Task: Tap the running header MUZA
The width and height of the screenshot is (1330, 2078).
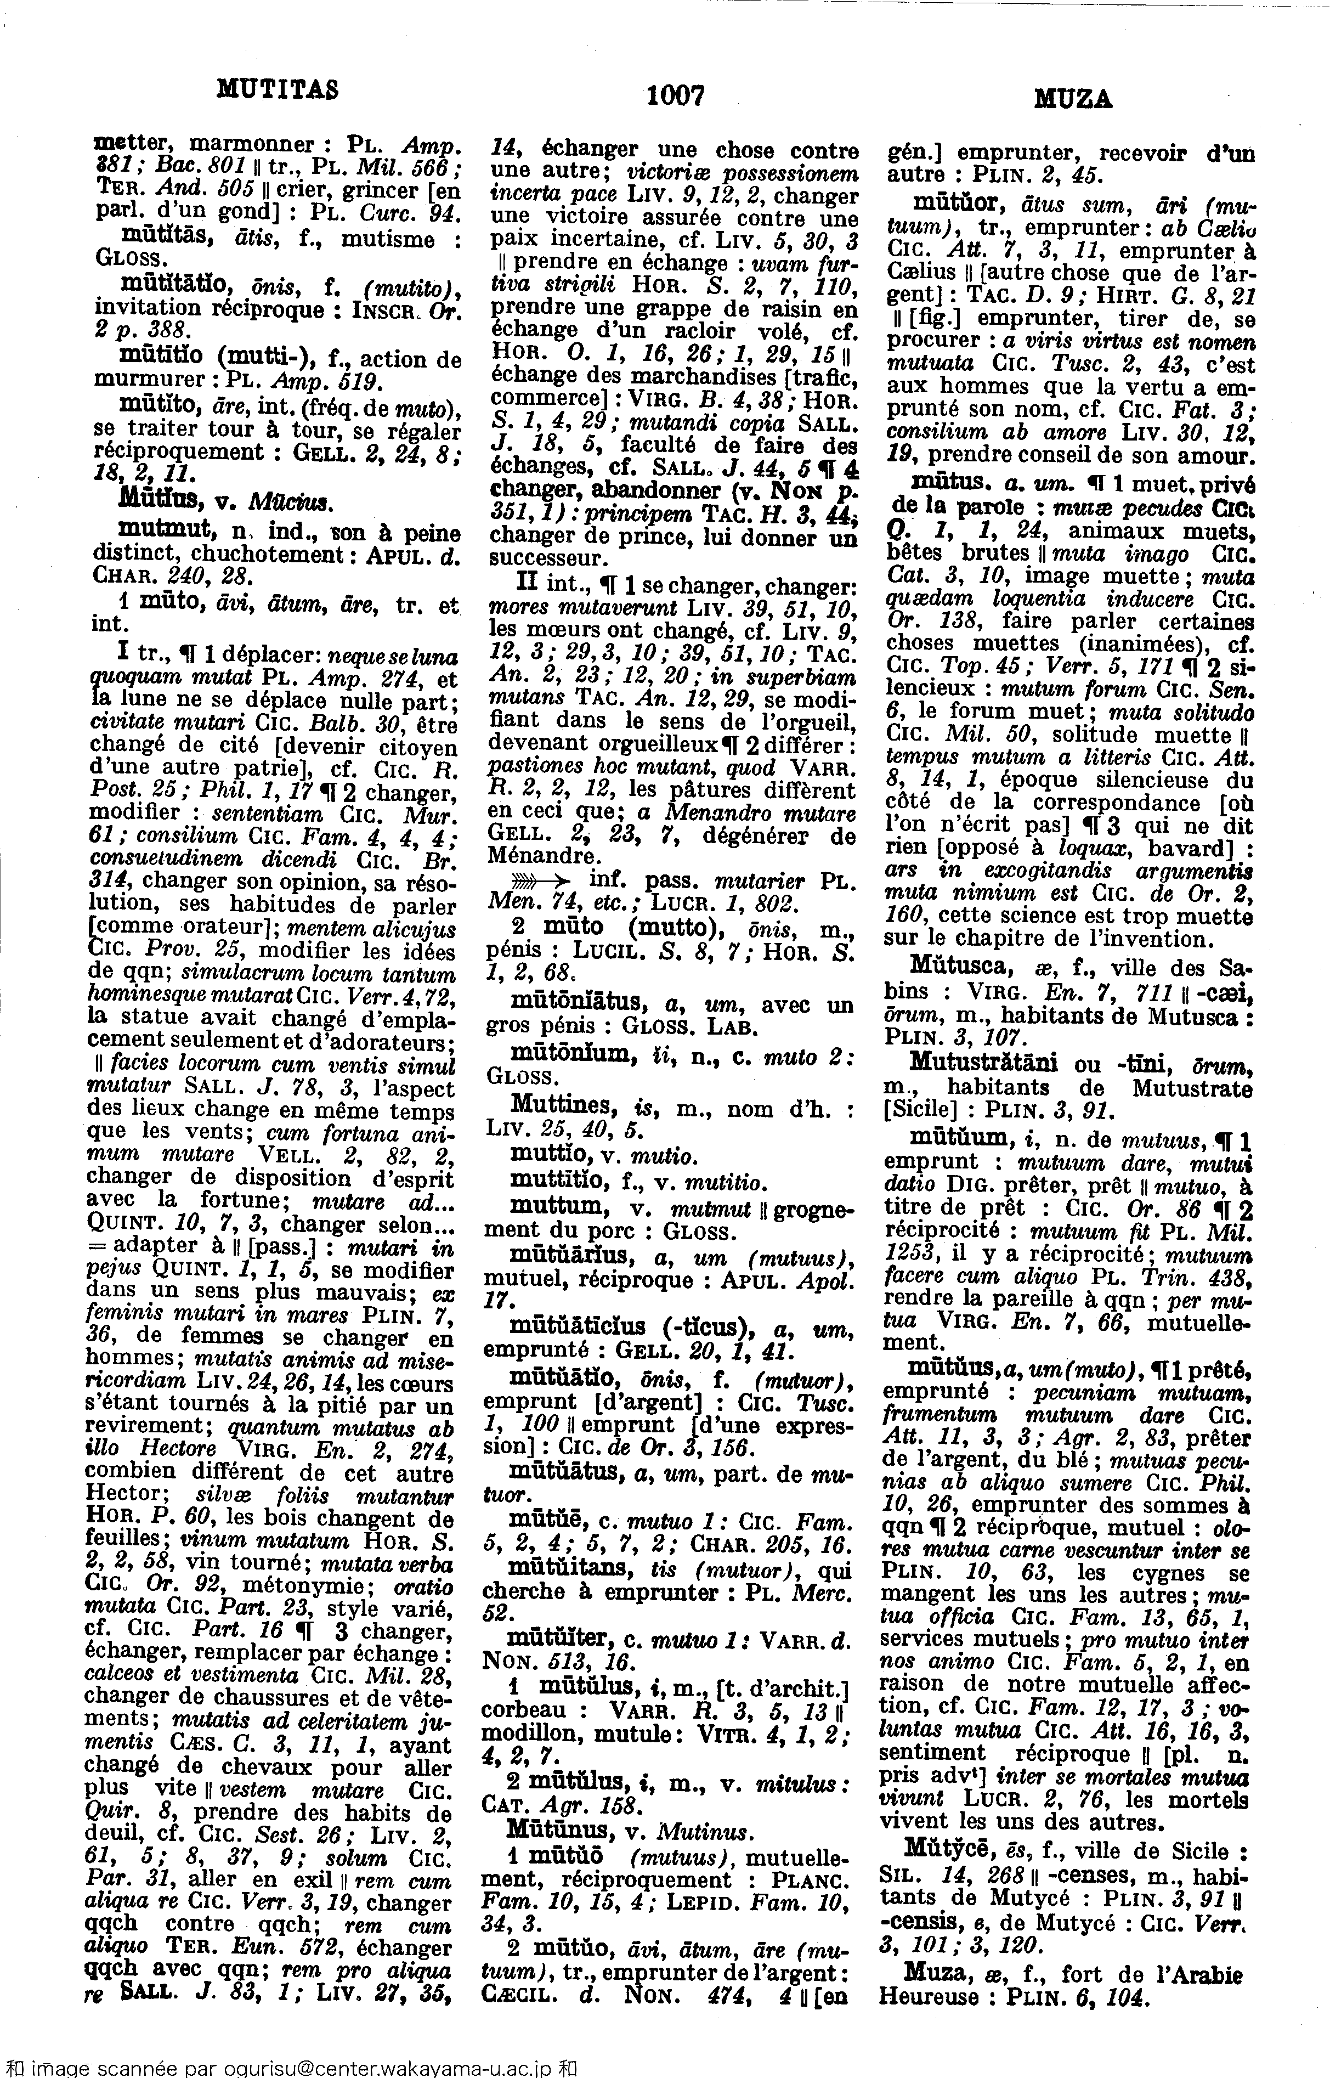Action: coord(1073,101)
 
